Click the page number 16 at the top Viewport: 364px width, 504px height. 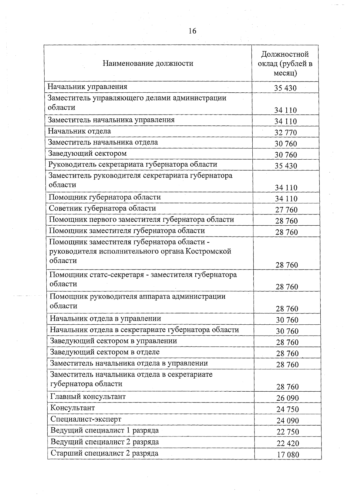point(192,31)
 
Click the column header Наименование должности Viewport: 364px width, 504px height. point(148,63)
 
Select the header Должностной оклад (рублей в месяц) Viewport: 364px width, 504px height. point(285,64)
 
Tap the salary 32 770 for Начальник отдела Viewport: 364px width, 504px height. point(285,132)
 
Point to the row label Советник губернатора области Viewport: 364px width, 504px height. point(103,208)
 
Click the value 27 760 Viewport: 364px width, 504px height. point(286,210)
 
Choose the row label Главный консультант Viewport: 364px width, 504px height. point(88,396)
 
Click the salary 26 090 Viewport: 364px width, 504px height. point(287,398)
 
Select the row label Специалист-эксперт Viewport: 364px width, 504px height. point(86,419)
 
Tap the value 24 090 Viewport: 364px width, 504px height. point(287,421)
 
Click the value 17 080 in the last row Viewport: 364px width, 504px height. point(288,455)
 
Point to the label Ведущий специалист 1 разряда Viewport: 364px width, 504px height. point(104,430)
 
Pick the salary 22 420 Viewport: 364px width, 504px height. point(288,443)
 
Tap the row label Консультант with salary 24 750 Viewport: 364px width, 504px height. point(72,408)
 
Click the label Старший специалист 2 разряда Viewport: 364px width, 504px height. point(104,453)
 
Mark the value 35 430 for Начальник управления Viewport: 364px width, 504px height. point(285,88)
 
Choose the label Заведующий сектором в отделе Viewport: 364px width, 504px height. point(105,352)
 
